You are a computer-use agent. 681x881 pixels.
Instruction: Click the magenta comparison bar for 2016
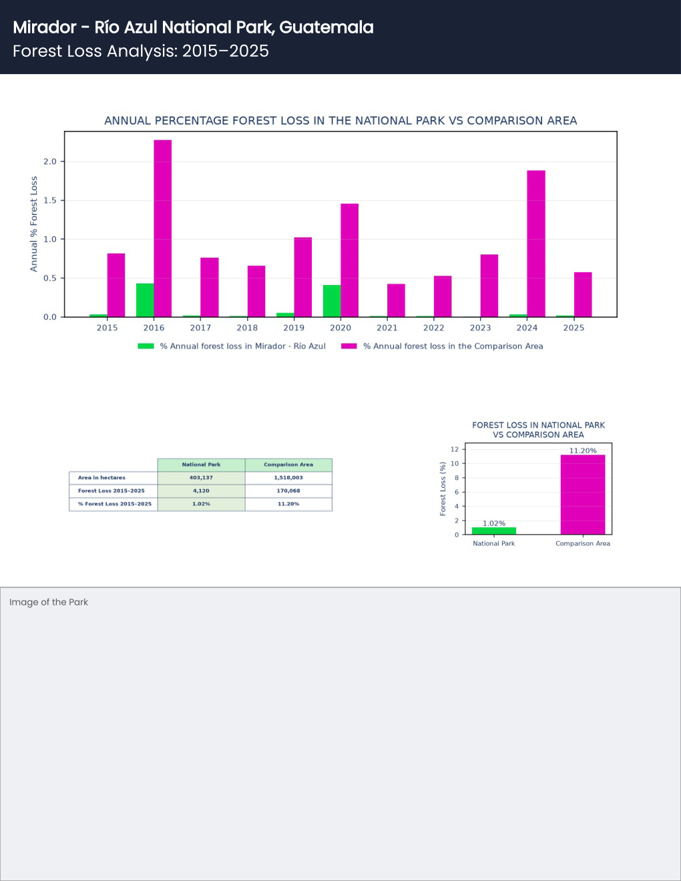[163, 228]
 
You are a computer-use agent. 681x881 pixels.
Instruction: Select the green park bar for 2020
[332, 301]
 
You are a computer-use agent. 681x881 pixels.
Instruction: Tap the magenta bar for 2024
[536, 244]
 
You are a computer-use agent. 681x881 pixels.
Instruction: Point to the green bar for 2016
[145, 300]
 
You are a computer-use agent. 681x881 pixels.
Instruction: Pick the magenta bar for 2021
[396, 300]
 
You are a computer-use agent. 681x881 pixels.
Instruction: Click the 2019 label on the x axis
[294, 328]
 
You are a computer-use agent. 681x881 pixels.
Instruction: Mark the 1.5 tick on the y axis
[50, 200]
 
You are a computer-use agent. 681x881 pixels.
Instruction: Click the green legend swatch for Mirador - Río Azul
[146, 346]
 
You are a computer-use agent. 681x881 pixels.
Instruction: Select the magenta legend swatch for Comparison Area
[349, 346]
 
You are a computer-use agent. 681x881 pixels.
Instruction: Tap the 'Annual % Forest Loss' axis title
[33, 224]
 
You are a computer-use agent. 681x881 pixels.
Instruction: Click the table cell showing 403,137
[201, 478]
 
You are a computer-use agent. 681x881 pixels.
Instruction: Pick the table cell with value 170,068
[288, 491]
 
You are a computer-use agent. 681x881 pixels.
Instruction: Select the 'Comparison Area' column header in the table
[288, 465]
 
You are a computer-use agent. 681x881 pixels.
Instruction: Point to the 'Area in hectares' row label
[101, 478]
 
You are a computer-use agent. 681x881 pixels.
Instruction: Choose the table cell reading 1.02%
[201, 504]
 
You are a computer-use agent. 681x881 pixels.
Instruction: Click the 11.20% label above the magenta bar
[583, 451]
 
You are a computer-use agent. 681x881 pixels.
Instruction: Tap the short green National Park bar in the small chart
[494, 531]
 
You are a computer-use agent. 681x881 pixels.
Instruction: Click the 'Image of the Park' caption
[49, 602]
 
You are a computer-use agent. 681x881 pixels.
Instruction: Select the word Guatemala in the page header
[326, 27]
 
